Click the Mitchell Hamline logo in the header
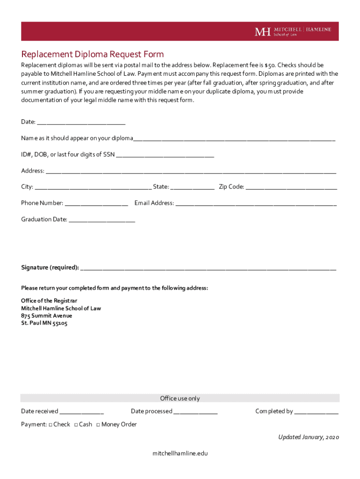(293, 31)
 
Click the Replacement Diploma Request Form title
(92, 54)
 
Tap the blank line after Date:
(81, 123)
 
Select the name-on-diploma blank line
(234, 139)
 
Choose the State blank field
(192, 188)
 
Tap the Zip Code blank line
(291, 188)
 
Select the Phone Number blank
(97, 204)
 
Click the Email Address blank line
(256, 204)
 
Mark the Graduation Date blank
(102, 220)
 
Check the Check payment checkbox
(50, 425)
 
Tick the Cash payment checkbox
(76, 425)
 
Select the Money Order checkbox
(98, 425)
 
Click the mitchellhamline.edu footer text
(180, 454)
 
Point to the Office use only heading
(180, 399)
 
